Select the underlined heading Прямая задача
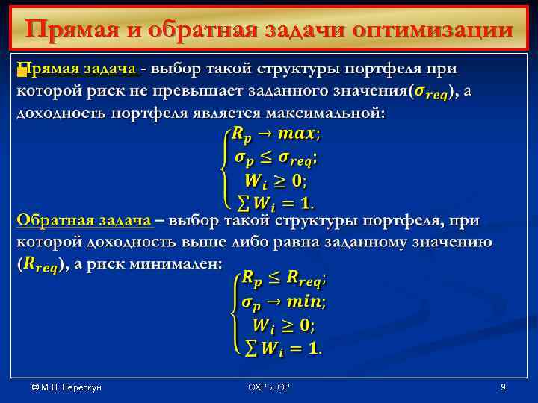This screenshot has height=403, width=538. (x=78, y=69)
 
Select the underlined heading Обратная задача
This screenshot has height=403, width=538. (x=84, y=221)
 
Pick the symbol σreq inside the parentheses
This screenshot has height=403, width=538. (x=433, y=92)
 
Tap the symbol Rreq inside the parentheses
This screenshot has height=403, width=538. (x=43, y=265)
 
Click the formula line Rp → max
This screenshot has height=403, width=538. (x=275, y=135)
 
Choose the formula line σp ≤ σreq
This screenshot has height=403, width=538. (x=275, y=158)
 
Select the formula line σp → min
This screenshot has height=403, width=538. (x=283, y=302)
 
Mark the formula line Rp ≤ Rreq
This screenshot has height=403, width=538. (x=283, y=279)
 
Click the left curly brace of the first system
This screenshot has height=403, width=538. (x=223, y=169)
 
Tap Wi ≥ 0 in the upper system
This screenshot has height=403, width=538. (x=274, y=181)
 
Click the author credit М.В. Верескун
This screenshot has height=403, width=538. (x=67, y=387)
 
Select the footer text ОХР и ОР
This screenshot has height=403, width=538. (x=269, y=387)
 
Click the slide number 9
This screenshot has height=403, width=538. (x=503, y=387)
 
